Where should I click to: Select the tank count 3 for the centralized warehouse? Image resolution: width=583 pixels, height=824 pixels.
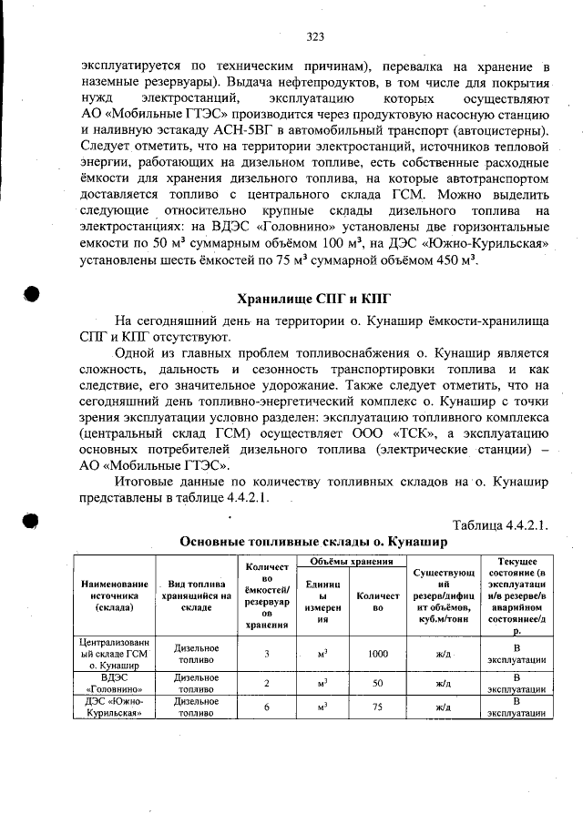[x=267, y=653]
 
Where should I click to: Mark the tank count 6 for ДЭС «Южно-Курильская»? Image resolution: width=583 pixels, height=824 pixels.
[x=267, y=707]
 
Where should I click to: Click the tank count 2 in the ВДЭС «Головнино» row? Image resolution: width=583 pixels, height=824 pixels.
[x=267, y=683]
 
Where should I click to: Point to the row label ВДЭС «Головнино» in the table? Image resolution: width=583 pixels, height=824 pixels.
[x=114, y=683]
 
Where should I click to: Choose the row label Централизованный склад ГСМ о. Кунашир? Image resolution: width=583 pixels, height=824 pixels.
[x=114, y=653]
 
